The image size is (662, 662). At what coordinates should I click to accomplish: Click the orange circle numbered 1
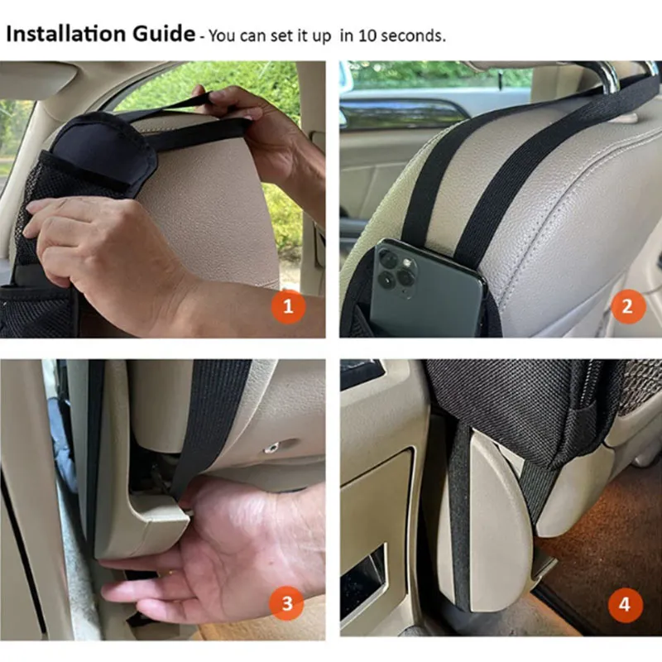288,307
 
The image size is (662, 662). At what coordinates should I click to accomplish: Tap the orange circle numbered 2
626,307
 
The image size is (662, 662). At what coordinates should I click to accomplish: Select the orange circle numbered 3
287,604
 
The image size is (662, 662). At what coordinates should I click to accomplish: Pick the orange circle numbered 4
625,605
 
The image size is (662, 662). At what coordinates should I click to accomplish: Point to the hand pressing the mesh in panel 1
108,248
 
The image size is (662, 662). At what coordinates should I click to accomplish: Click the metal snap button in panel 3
271,448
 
